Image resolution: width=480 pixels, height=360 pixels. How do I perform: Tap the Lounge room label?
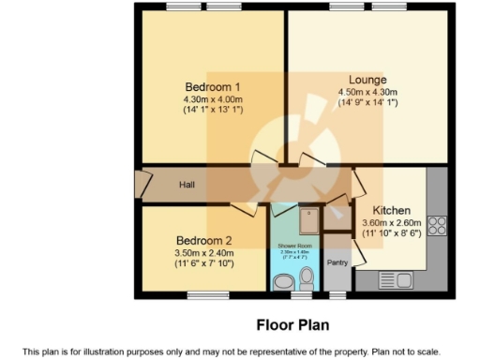(367, 81)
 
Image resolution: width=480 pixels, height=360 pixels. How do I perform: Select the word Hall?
(187, 185)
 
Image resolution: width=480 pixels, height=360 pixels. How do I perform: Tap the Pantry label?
(337, 262)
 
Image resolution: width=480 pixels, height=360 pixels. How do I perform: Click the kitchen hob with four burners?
(436, 225)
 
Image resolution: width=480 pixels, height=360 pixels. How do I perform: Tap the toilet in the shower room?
(307, 279)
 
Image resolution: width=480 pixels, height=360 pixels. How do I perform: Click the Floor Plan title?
(292, 325)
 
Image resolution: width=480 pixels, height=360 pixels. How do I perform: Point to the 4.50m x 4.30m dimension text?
(367, 92)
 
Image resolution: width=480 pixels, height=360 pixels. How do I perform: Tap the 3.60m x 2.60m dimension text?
(393, 222)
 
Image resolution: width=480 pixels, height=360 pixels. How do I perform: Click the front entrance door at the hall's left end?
(142, 185)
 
